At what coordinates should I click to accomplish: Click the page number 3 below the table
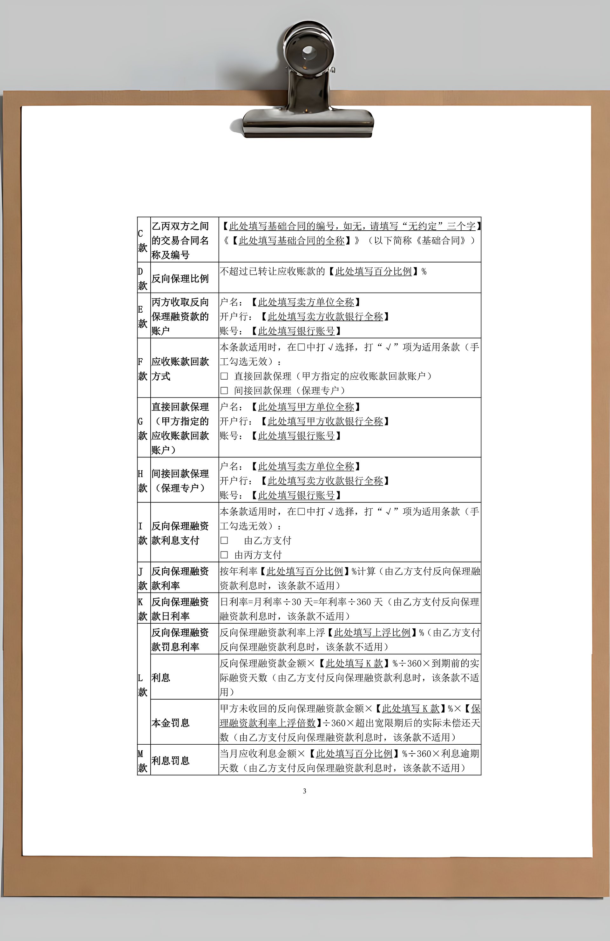point(304,791)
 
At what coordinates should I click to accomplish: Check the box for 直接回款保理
point(224,376)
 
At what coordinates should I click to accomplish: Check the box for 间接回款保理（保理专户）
point(224,391)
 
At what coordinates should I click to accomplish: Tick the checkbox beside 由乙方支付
point(224,540)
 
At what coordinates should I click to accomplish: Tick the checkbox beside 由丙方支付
point(224,555)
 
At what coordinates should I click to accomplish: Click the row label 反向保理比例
point(180,278)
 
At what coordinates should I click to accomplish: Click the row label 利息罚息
point(170,760)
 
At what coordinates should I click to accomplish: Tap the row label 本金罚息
point(170,723)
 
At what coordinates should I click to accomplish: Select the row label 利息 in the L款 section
point(161,677)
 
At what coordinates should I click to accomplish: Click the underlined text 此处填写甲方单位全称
point(306,407)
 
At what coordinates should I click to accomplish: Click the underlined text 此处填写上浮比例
point(372,633)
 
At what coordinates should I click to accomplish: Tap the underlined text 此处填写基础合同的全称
point(292,240)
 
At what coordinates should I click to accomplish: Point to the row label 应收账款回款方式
point(180,369)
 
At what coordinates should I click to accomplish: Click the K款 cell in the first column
point(143,609)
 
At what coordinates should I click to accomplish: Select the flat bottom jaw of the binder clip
point(308,123)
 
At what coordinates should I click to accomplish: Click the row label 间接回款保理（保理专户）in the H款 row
point(180,481)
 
